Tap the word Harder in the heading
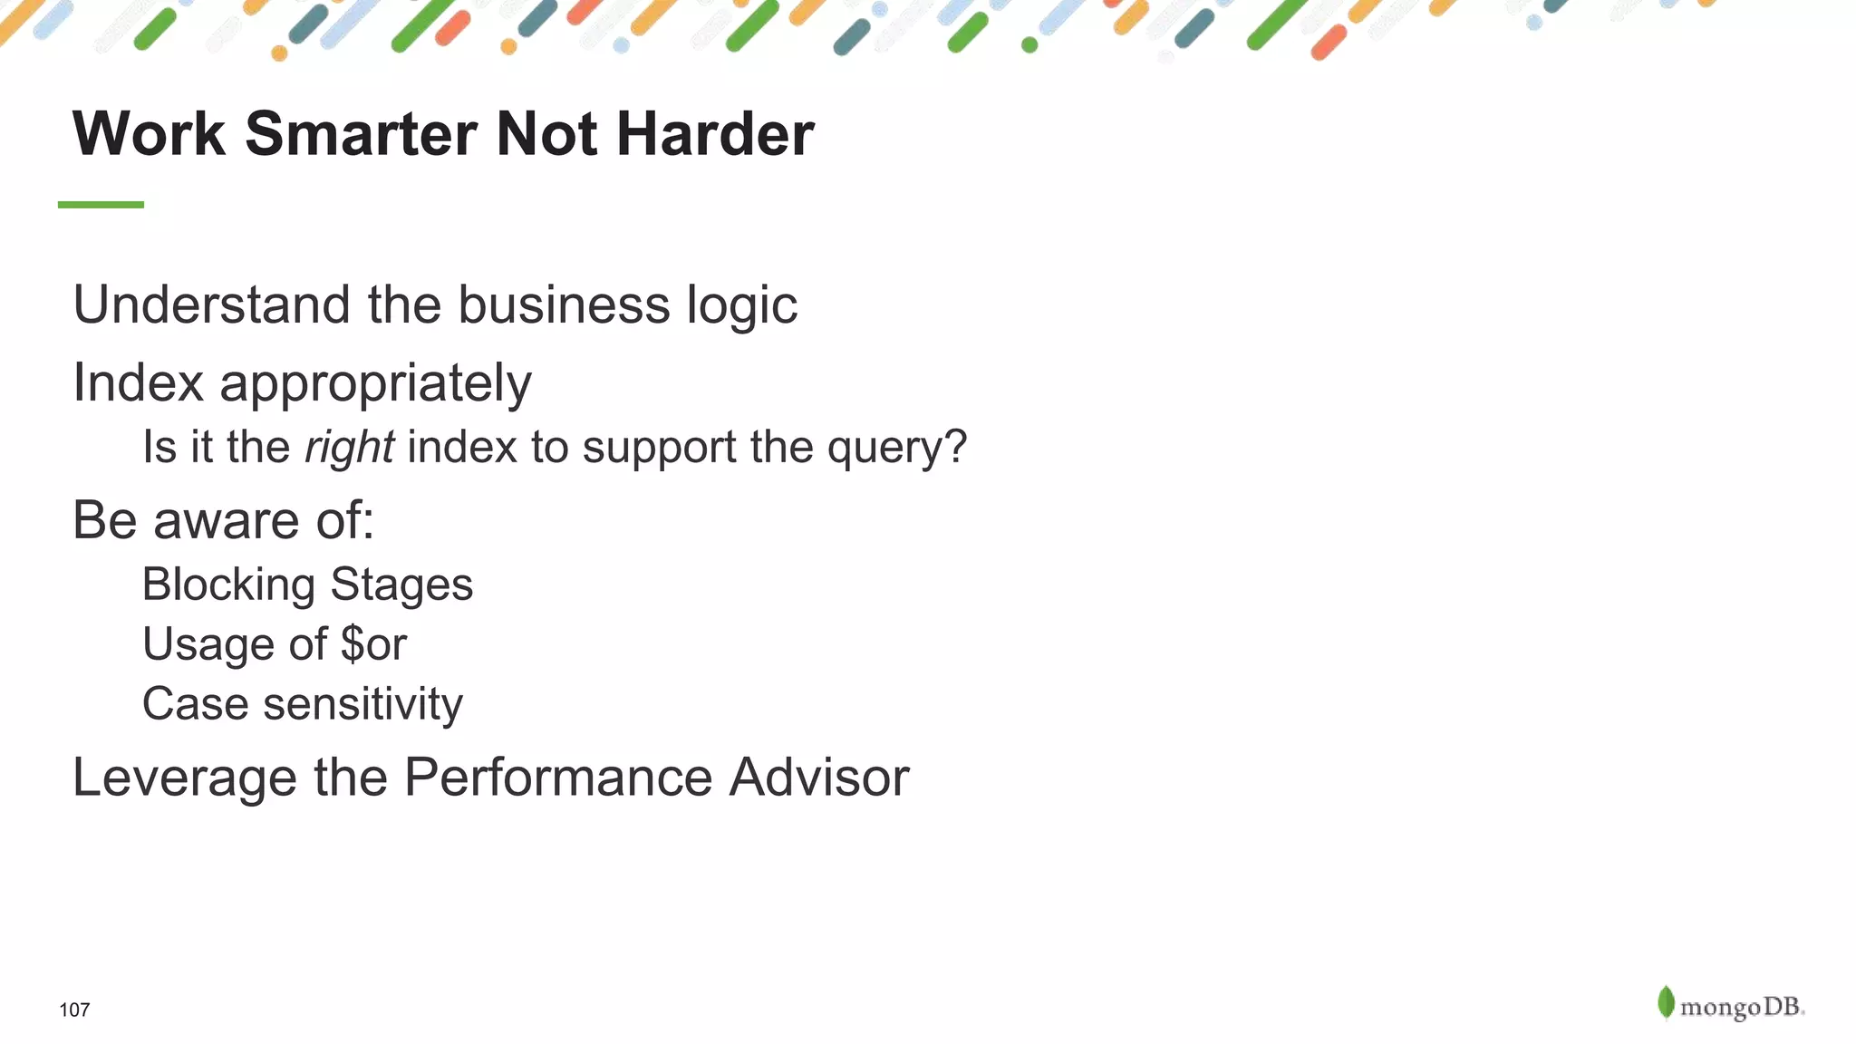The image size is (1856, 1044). tap(715, 134)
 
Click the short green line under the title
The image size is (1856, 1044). tap(101, 205)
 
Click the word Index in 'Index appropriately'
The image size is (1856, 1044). tap(138, 382)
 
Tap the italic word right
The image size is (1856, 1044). tap(349, 448)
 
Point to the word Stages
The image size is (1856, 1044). tap(401, 585)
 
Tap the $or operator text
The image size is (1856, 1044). tap(373, 644)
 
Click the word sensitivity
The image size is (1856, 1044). tap(362, 704)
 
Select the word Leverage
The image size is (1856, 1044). tap(184, 778)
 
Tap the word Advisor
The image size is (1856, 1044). tap(818, 778)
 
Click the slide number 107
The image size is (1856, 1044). tap(74, 1010)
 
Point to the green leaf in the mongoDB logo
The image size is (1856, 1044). tap(1666, 1002)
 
